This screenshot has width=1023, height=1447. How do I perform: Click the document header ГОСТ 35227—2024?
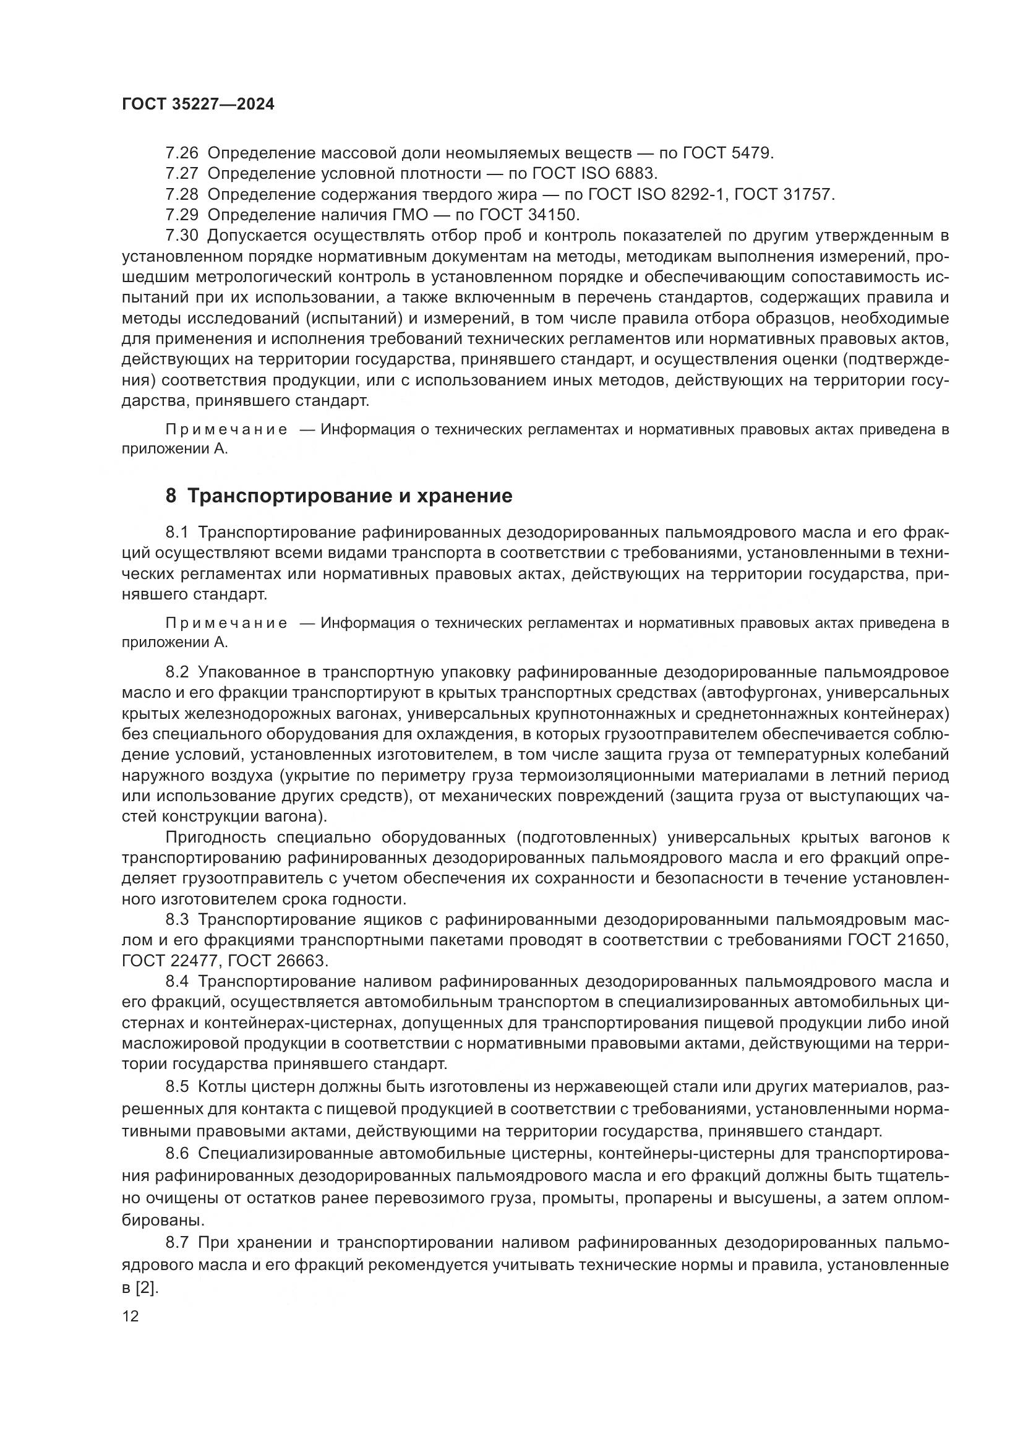tap(198, 105)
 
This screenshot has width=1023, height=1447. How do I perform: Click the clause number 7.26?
tap(181, 153)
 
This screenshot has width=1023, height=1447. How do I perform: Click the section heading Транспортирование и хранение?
tap(349, 496)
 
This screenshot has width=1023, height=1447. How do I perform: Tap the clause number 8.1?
tap(177, 533)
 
